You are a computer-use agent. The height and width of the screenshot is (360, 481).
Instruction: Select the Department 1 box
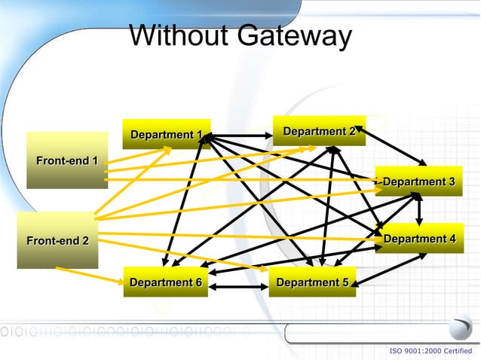pos(166,134)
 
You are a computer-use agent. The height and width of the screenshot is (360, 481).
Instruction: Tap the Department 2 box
pos(319,131)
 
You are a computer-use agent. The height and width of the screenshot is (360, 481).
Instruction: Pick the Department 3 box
pos(418,182)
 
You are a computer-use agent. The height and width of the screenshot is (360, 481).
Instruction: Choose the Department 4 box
pos(419,239)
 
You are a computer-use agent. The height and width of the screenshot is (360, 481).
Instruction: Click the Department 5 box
pos(312,282)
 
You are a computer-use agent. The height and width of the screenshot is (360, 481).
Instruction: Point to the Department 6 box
pos(166,282)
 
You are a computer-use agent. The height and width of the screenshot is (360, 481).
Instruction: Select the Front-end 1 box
pos(66,160)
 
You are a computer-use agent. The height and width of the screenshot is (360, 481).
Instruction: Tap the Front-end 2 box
pos(57,241)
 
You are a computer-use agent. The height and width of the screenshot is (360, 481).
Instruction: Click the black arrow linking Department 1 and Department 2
pos(241,136)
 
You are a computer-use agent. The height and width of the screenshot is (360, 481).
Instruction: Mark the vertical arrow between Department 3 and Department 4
pos(418,210)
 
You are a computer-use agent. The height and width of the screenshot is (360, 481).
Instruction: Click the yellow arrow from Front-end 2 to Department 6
pos(90,275)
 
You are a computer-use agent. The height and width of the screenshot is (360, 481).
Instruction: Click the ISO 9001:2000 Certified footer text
pos(430,351)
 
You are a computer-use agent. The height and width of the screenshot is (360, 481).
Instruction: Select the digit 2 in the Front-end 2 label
pos(85,241)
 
